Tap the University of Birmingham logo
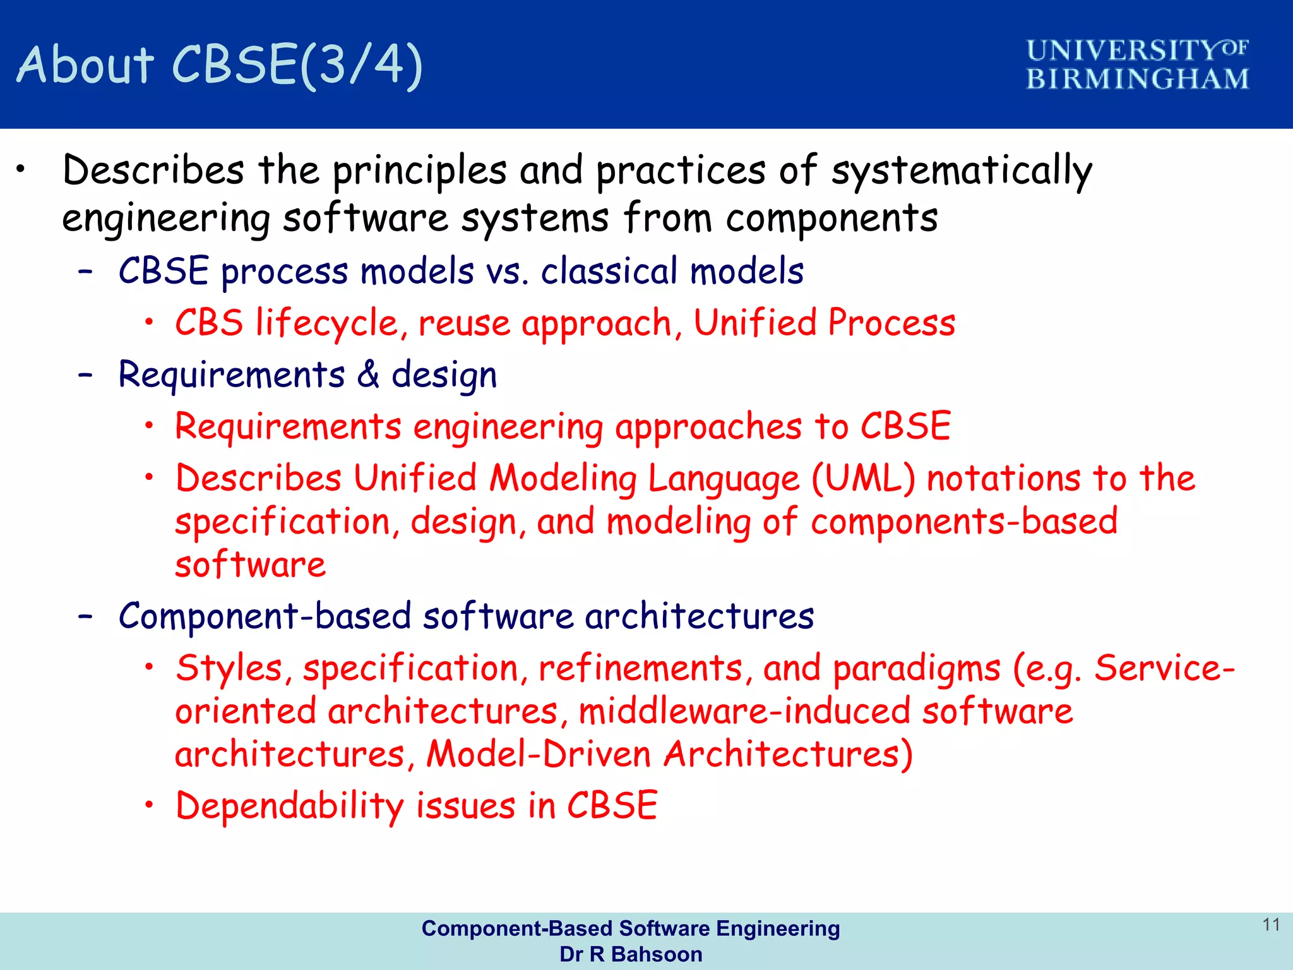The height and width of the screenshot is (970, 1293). pos(1137,64)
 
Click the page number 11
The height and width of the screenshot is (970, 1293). pos(1271,925)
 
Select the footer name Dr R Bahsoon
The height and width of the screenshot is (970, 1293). pos(631,954)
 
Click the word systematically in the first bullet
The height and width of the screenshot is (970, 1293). pos(961,171)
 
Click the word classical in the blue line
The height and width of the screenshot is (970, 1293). pos(609,272)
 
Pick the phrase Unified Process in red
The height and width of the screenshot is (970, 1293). pos(825,323)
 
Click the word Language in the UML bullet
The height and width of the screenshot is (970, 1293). pos(724,478)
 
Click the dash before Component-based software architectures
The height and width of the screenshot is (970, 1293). pos(86,616)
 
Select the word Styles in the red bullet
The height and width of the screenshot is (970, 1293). pos(229,668)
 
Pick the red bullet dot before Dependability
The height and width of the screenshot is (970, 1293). pos(149,805)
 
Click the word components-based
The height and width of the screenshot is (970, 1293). pos(964,522)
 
